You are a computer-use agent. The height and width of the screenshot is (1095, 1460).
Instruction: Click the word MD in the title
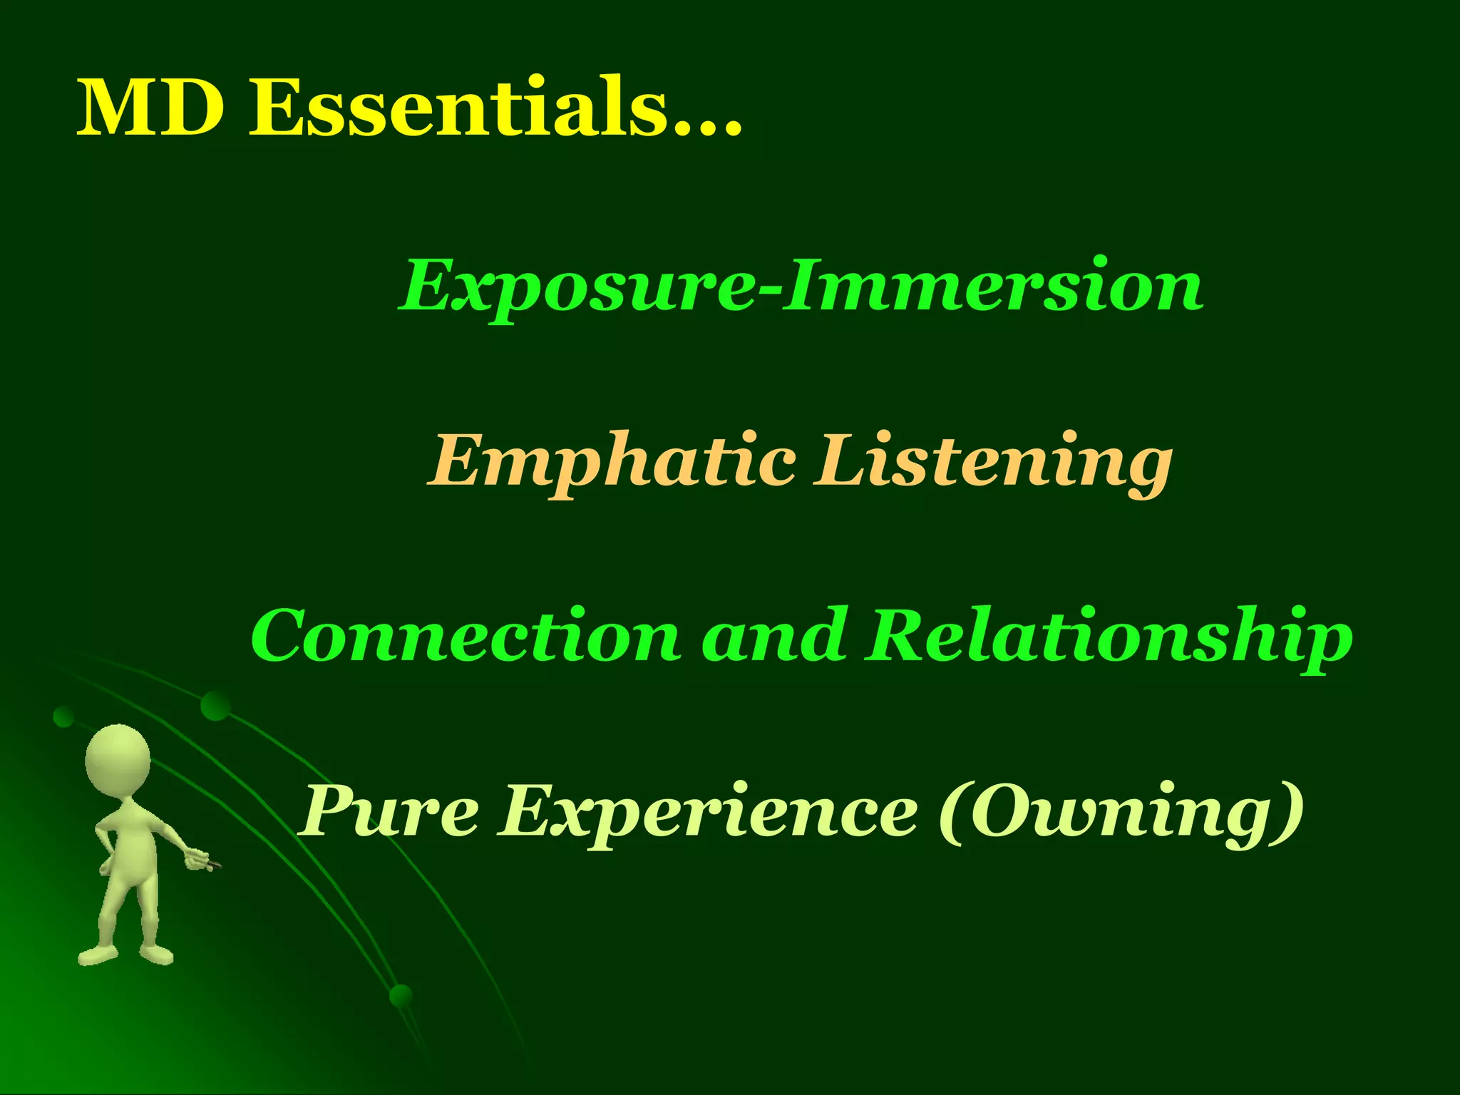click(x=150, y=108)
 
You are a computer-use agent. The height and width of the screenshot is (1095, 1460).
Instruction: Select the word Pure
click(x=389, y=811)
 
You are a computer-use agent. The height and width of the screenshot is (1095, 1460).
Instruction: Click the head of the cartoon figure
click(x=118, y=760)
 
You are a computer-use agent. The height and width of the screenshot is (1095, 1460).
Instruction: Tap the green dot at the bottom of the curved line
click(x=401, y=996)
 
